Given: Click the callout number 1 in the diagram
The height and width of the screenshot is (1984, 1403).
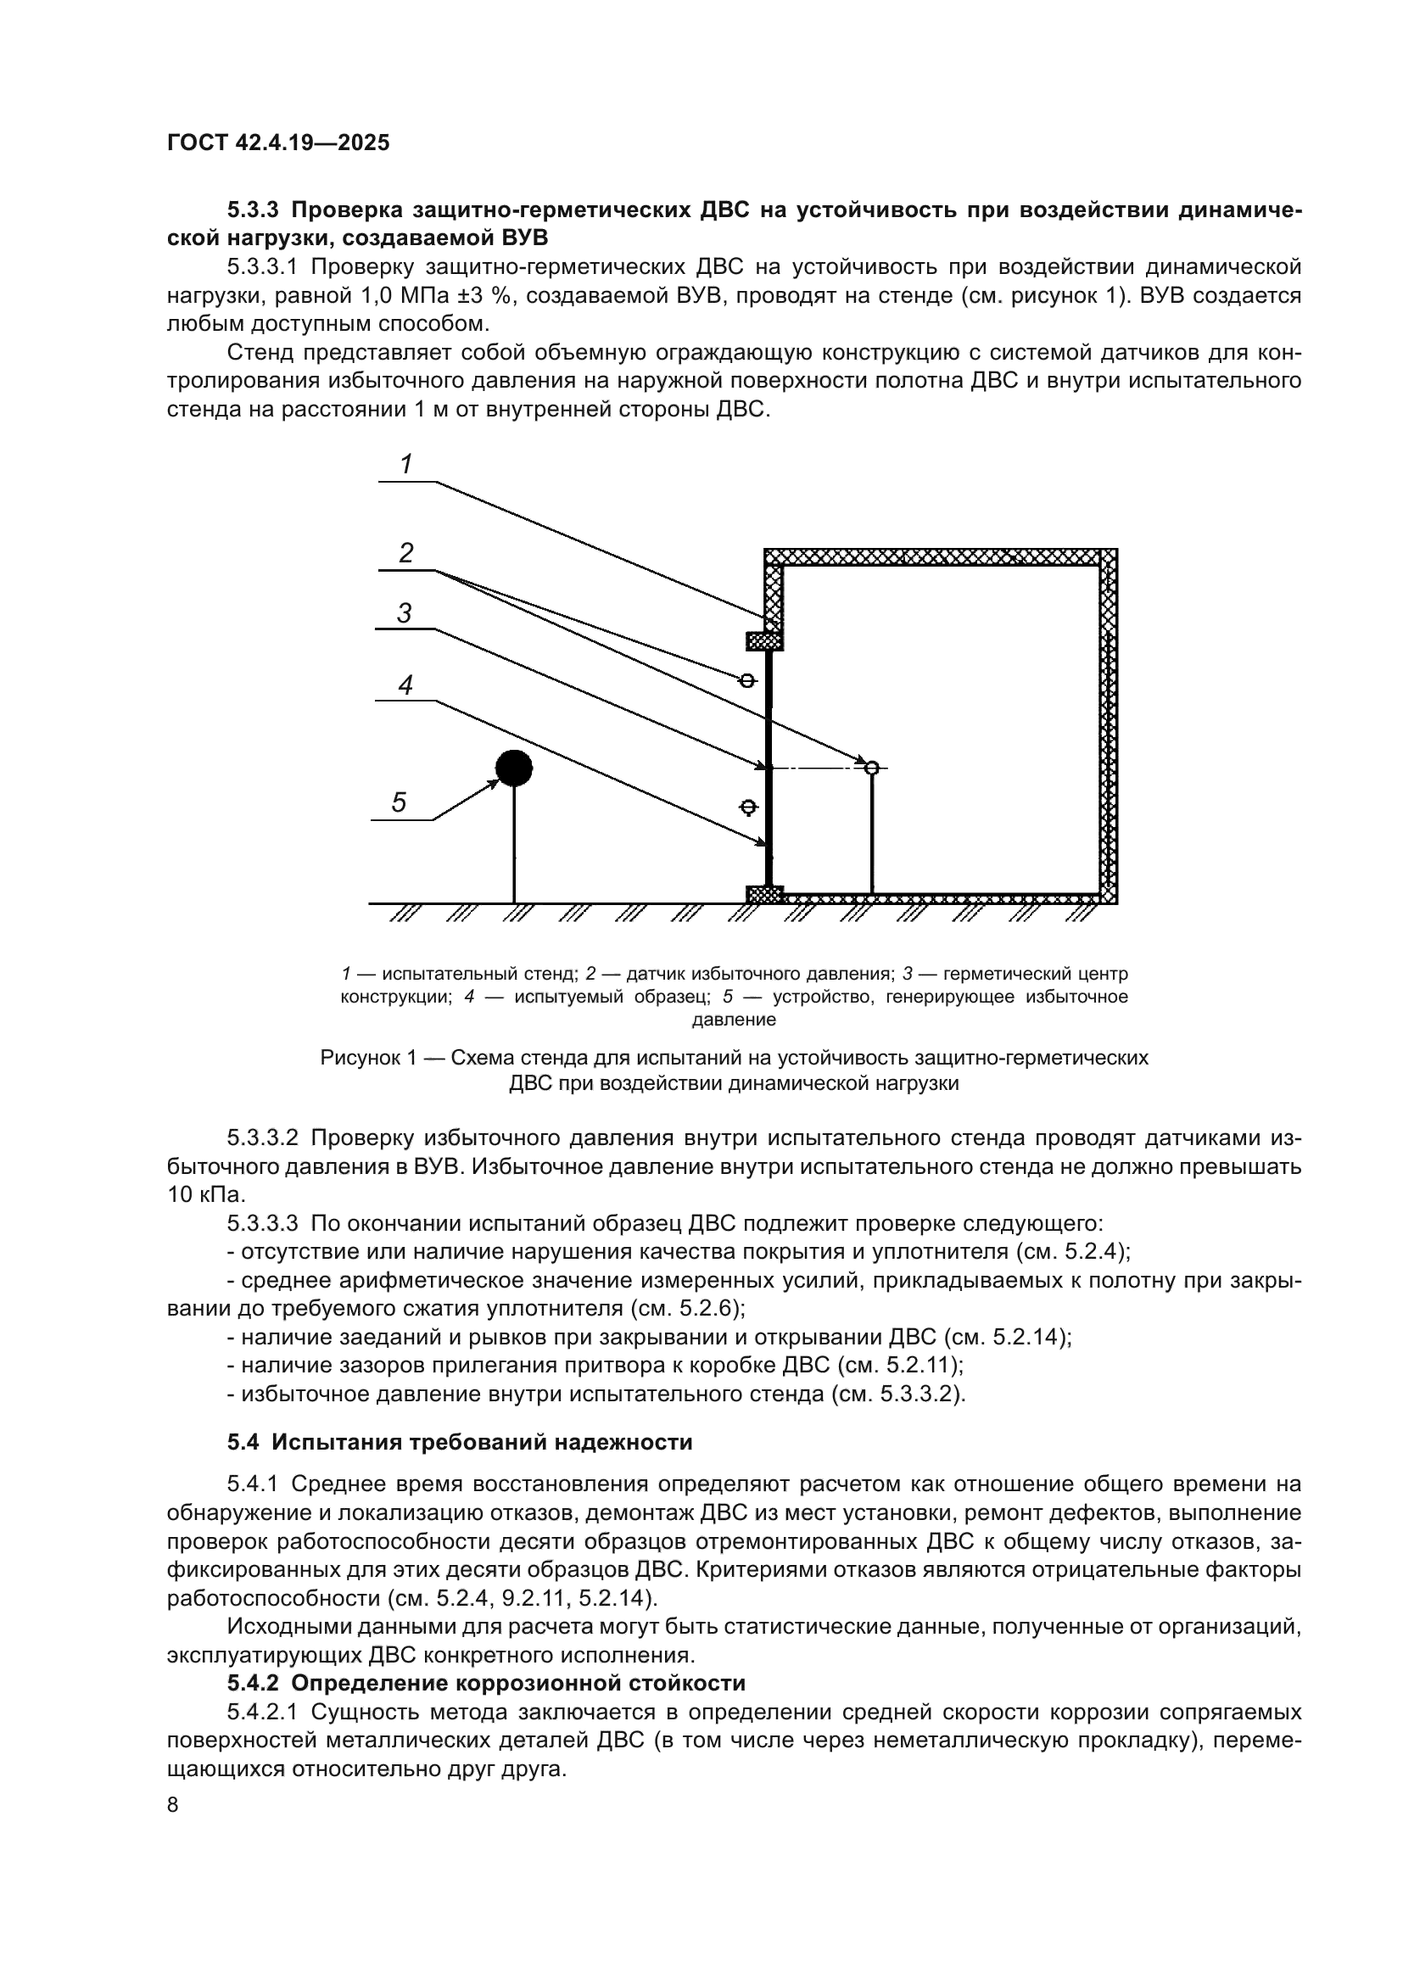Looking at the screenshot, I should click(405, 465).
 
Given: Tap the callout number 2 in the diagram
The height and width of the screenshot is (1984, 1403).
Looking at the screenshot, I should click(405, 553).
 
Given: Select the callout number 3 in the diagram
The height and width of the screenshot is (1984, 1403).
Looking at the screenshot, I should click(404, 613).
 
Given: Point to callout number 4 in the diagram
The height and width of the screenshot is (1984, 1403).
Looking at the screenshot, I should click(405, 685).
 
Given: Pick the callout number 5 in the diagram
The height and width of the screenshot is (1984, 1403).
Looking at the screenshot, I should click(399, 802).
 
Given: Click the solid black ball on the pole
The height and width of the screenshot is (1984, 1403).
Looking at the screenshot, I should click(514, 768).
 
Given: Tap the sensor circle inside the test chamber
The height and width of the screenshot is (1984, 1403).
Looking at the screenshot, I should click(872, 768).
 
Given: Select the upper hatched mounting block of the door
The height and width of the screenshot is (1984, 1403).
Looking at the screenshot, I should click(764, 641).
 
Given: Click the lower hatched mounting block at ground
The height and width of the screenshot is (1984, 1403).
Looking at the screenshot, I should click(764, 894).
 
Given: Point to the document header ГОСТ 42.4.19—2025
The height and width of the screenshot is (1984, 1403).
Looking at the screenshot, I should click(278, 143).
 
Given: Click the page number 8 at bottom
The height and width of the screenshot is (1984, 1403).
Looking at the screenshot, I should click(173, 1805).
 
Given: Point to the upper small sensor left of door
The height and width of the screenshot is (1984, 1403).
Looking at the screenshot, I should click(747, 681).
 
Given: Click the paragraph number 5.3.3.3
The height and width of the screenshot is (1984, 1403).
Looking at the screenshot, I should click(263, 1224).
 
